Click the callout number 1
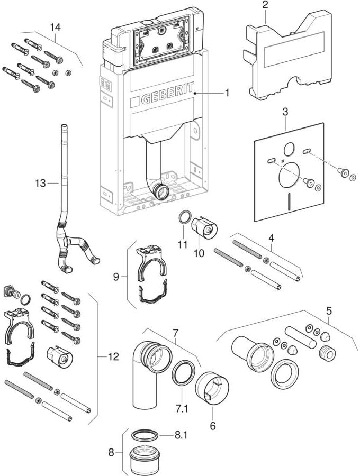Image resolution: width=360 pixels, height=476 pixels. point(227,94)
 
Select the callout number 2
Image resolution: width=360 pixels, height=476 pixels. point(265,5)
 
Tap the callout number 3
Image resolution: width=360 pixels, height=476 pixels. point(285,113)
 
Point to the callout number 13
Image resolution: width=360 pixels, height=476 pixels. point(40,183)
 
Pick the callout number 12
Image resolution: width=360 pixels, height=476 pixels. point(112,357)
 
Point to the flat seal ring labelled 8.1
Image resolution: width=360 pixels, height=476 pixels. point(145,435)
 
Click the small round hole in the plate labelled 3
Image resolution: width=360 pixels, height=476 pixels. point(290,149)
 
